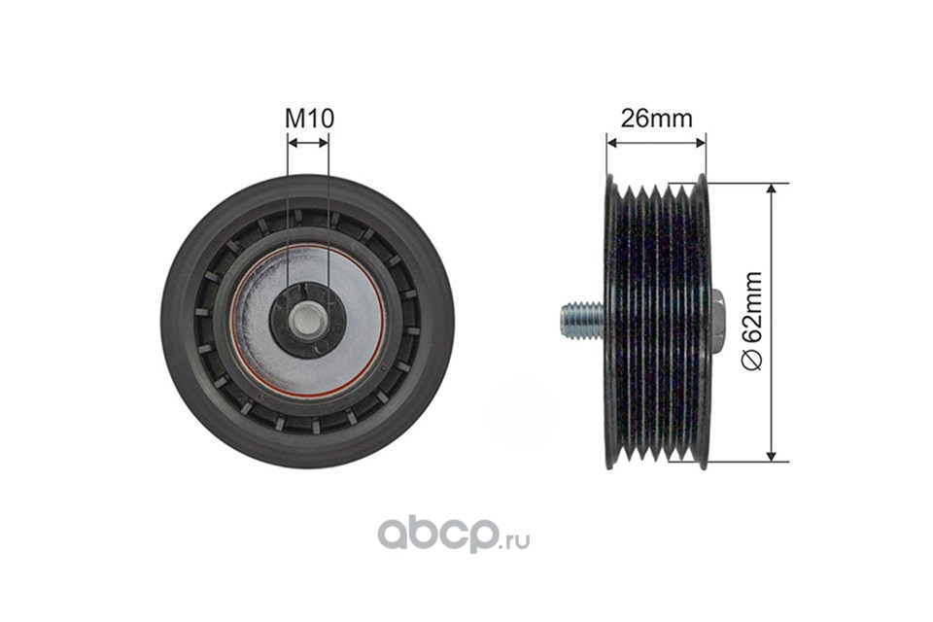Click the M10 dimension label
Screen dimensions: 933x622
click(x=309, y=118)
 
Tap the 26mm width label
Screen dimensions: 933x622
click(x=656, y=119)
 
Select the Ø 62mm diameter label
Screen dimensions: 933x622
click(x=752, y=322)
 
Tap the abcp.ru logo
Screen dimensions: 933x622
click(x=454, y=535)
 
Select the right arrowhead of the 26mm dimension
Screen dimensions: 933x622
click(x=700, y=142)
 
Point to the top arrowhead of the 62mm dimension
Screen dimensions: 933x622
click(x=771, y=190)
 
